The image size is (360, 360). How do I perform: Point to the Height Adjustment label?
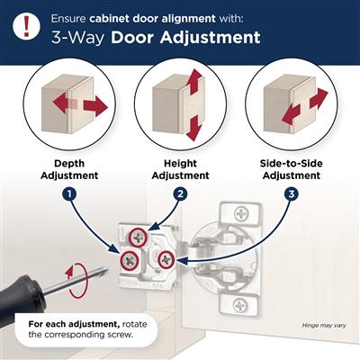pos(179,169)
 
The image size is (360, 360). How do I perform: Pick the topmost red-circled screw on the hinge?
pos(137,237)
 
